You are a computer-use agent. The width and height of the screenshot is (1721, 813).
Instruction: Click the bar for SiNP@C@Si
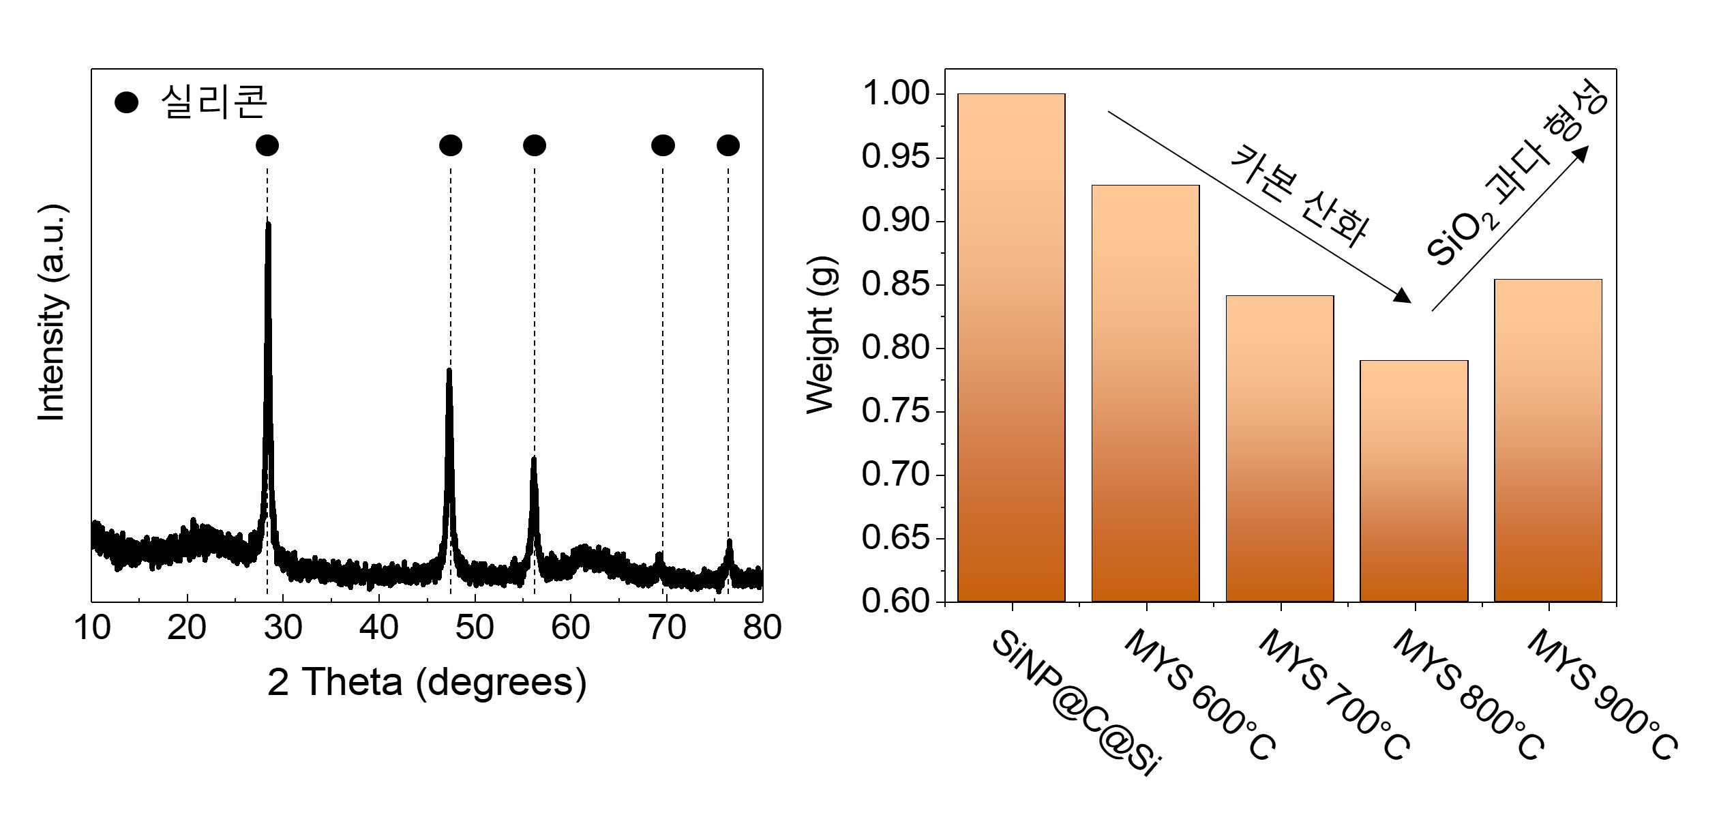pyautogui.click(x=1011, y=348)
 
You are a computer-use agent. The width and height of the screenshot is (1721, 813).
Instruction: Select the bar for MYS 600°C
pyautogui.click(x=1146, y=394)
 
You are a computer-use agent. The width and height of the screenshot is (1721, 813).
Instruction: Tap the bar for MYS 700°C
pyautogui.click(x=1280, y=449)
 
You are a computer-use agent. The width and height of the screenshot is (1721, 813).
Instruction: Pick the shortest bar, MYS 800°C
pyautogui.click(x=1414, y=481)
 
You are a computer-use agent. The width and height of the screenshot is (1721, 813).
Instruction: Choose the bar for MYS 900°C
pyautogui.click(x=1548, y=441)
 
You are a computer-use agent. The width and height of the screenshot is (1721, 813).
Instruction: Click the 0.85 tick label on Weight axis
pyautogui.click(x=896, y=284)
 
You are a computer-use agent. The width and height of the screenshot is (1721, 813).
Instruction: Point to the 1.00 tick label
pyautogui.click(x=896, y=93)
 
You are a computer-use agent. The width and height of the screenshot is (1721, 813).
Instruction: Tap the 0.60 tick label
pyautogui.click(x=896, y=601)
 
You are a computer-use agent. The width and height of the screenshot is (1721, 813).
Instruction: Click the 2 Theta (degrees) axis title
pyautogui.click(x=427, y=683)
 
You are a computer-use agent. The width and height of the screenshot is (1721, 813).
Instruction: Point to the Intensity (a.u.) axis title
pyautogui.click(x=53, y=312)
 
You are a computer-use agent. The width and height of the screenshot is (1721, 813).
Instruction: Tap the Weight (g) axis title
pyautogui.click(x=821, y=335)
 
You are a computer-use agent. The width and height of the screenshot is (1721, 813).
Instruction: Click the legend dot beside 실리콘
pyautogui.click(x=126, y=103)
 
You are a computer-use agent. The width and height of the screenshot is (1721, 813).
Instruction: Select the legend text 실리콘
pyautogui.click(x=214, y=102)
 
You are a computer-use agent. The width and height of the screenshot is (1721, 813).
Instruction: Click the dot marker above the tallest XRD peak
pyautogui.click(x=267, y=145)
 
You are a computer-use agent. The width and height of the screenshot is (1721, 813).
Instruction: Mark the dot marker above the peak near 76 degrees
pyautogui.click(x=728, y=145)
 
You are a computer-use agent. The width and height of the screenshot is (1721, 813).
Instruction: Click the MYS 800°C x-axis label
pyautogui.click(x=1469, y=694)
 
